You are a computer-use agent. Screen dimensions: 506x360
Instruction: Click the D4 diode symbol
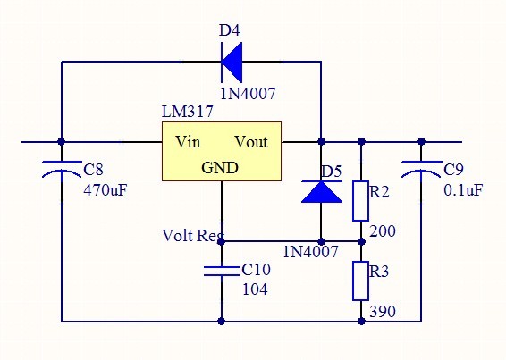pos(232,62)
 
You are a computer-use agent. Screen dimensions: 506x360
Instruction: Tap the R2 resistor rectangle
pos(360,201)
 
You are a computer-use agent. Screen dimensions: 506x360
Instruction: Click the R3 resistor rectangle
pos(360,280)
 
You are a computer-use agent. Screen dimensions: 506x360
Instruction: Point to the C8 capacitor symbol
pos(62,169)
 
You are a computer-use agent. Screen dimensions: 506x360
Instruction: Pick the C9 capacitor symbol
pos(421,169)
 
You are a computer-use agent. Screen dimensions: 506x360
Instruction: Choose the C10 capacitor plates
pos(222,271)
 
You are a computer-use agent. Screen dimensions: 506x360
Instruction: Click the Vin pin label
pos(188,142)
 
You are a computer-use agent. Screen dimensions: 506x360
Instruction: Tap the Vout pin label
pos(251,142)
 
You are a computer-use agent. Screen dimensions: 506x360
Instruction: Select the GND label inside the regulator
pos(220,168)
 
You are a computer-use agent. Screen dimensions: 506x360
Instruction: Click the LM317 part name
pos(188,112)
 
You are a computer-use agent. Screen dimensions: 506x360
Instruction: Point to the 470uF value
pos(105,190)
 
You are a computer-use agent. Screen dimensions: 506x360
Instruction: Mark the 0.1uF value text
pos(463,190)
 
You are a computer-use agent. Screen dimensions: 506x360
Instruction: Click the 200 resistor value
pos(383,231)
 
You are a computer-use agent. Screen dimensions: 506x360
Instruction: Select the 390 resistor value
pos(383,312)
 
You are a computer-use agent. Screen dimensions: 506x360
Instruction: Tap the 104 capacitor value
pos(255,289)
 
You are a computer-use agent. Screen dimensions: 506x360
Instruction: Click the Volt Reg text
pos(193,236)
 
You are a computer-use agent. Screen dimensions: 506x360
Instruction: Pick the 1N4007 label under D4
pos(249,94)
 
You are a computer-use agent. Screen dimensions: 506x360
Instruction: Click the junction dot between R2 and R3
pos(361,241)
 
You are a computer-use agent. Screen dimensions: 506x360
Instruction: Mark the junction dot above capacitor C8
pos(62,141)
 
